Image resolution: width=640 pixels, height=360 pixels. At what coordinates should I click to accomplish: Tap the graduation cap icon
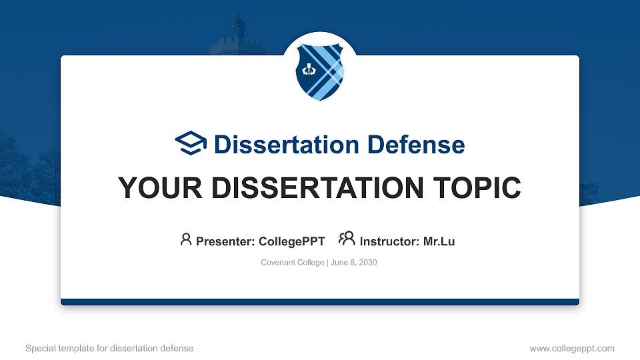[191, 143]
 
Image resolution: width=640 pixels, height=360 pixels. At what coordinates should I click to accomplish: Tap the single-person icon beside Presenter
[186, 239]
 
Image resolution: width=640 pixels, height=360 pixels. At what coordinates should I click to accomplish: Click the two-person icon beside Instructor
[347, 239]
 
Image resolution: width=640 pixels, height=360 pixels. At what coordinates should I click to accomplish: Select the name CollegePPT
[291, 241]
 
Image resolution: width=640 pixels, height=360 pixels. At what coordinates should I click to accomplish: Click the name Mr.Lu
[439, 241]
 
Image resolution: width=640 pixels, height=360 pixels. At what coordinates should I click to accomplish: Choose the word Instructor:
[389, 241]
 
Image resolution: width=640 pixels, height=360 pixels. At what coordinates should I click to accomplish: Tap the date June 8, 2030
[353, 263]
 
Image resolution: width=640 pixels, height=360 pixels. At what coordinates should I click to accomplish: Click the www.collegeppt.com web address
[571, 348]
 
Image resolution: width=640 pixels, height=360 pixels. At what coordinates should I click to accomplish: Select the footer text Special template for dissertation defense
[109, 348]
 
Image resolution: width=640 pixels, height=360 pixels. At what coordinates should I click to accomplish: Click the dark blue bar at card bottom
[320, 302]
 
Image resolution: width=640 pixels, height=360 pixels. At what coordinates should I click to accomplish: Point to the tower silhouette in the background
[237, 37]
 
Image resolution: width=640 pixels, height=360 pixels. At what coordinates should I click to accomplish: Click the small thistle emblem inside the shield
[309, 69]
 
